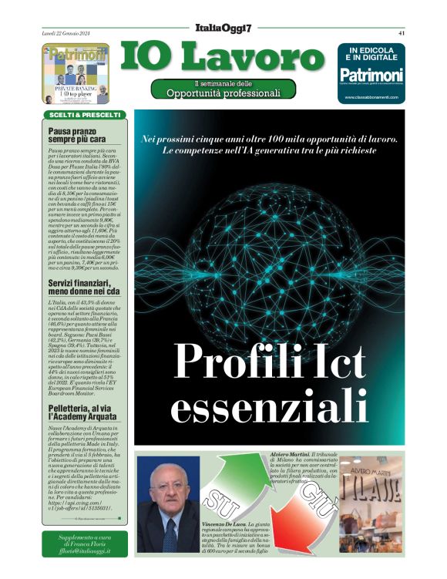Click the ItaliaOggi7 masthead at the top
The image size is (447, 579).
coord(223,28)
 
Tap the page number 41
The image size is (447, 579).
coord(402,33)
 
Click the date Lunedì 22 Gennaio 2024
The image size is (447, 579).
coord(66,33)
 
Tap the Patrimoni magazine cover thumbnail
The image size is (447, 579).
coord(76,74)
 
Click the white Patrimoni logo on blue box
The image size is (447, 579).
coord(371,75)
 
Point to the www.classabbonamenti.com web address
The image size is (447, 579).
coord(371,97)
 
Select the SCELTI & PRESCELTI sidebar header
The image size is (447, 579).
coord(85,115)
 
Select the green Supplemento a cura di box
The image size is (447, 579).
coord(86,544)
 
